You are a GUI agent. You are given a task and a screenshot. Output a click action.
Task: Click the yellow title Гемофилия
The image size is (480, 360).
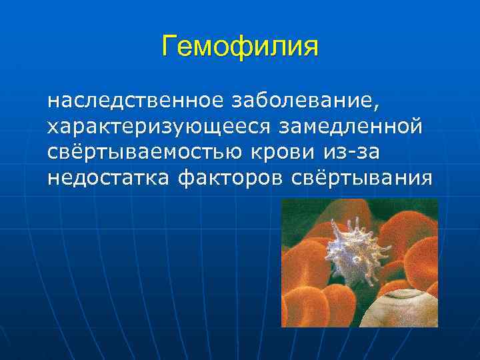[x=240, y=47]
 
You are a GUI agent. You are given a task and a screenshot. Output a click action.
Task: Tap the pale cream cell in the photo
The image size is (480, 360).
[x=407, y=312]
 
